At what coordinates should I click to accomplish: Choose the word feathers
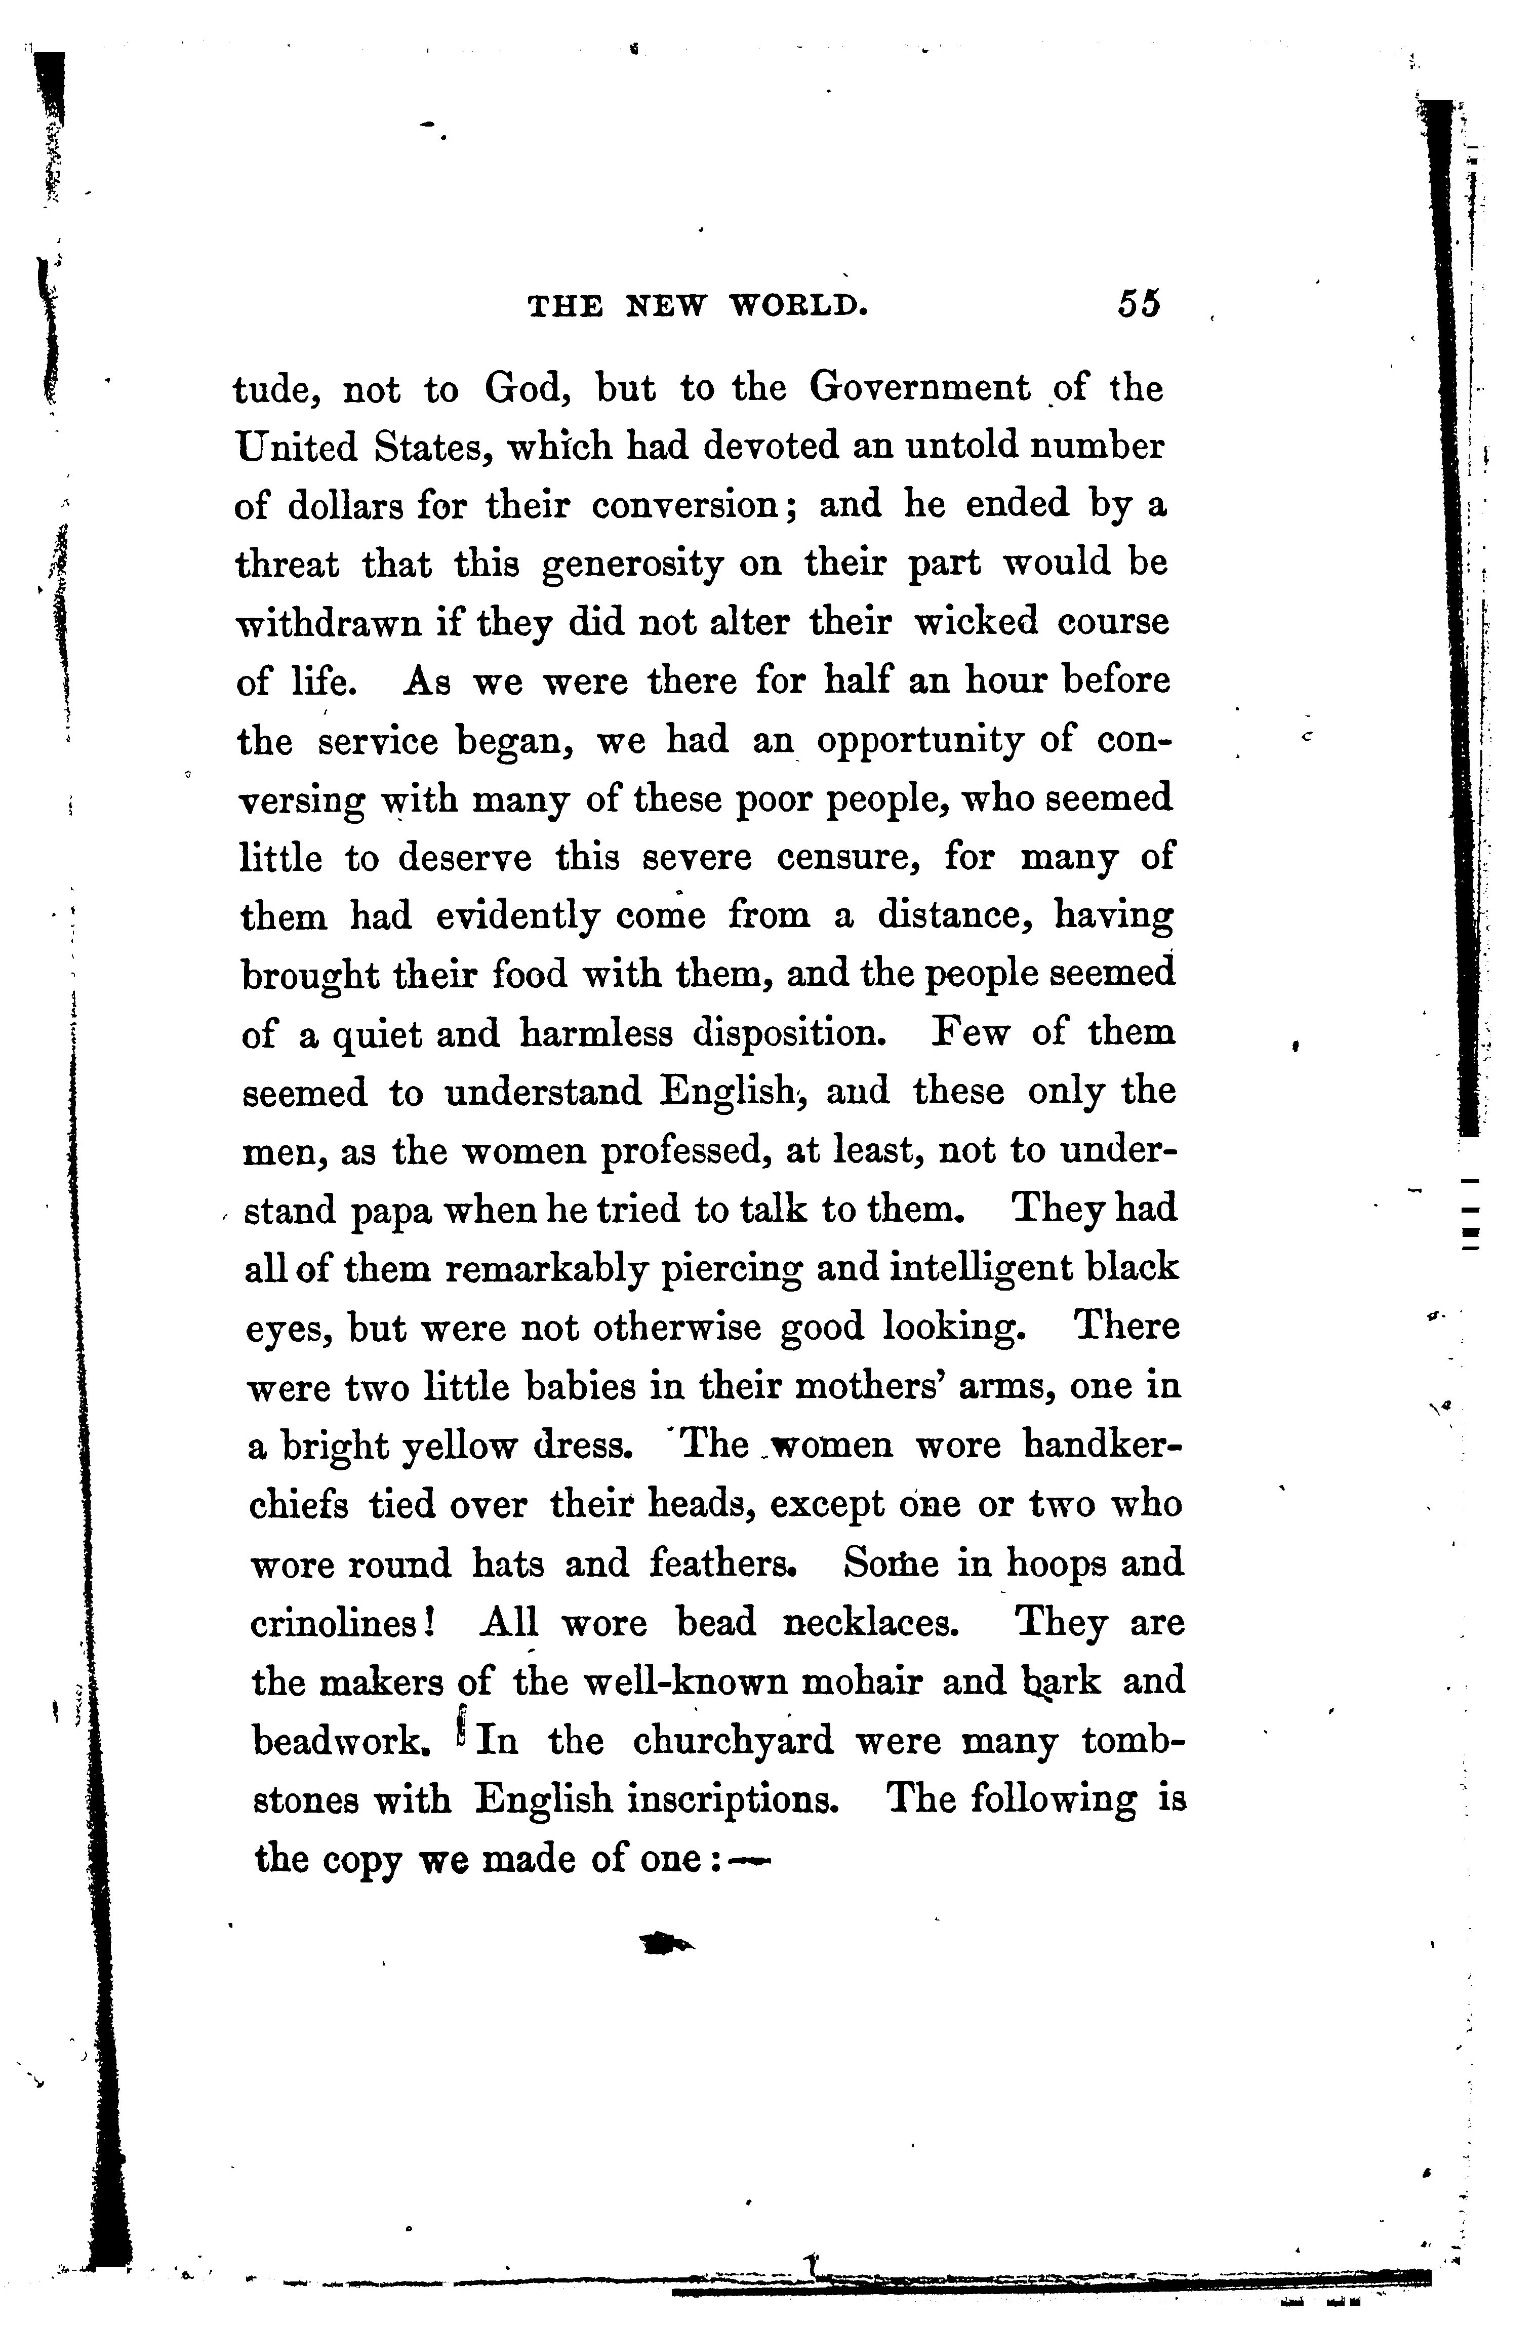[720, 1565]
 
